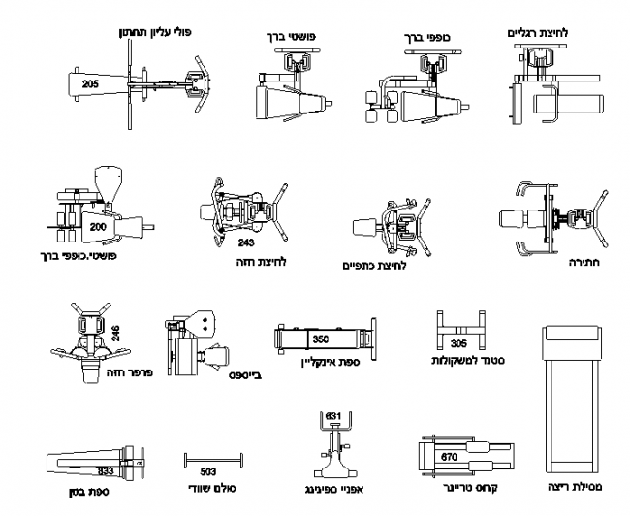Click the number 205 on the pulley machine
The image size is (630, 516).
[90, 85]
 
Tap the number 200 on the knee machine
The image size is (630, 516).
[97, 226]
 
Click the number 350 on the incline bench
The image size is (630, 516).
[322, 339]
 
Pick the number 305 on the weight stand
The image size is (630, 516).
[458, 343]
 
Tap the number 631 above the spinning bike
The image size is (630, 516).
[333, 417]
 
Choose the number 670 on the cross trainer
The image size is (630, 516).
[449, 456]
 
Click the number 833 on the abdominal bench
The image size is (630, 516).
[107, 469]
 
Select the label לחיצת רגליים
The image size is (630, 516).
[539, 33]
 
